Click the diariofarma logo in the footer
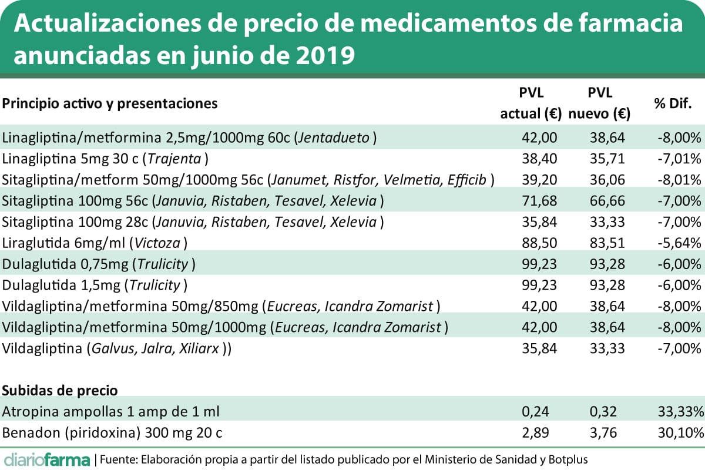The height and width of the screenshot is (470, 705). coord(47,458)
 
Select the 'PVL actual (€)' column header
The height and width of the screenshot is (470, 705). coord(531,103)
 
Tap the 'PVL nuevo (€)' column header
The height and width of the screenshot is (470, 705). coord(599,103)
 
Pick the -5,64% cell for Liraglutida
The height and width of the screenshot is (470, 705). coord(680,243)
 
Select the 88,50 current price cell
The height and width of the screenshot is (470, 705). coord(539,243)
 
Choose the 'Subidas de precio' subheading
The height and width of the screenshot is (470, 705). coord(61,390)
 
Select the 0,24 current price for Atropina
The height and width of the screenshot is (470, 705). coord(545,411)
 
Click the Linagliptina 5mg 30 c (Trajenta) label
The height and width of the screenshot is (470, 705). coord(106,159)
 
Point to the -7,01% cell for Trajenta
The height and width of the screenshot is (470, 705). coord(680,159)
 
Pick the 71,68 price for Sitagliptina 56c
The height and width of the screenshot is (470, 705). coord(539,201)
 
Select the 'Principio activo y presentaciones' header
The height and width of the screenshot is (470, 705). coord(110,103)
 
